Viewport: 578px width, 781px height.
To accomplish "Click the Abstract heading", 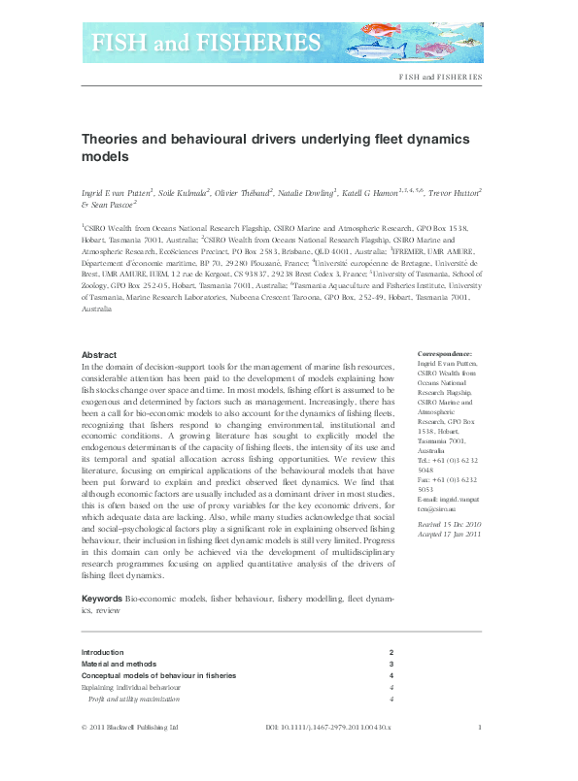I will [x=99, y=355].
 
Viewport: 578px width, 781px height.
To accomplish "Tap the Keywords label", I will [x=102, y=600].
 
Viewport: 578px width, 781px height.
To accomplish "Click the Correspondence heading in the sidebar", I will [x=444, y=355].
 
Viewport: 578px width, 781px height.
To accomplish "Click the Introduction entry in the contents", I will [x=103, y=653].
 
